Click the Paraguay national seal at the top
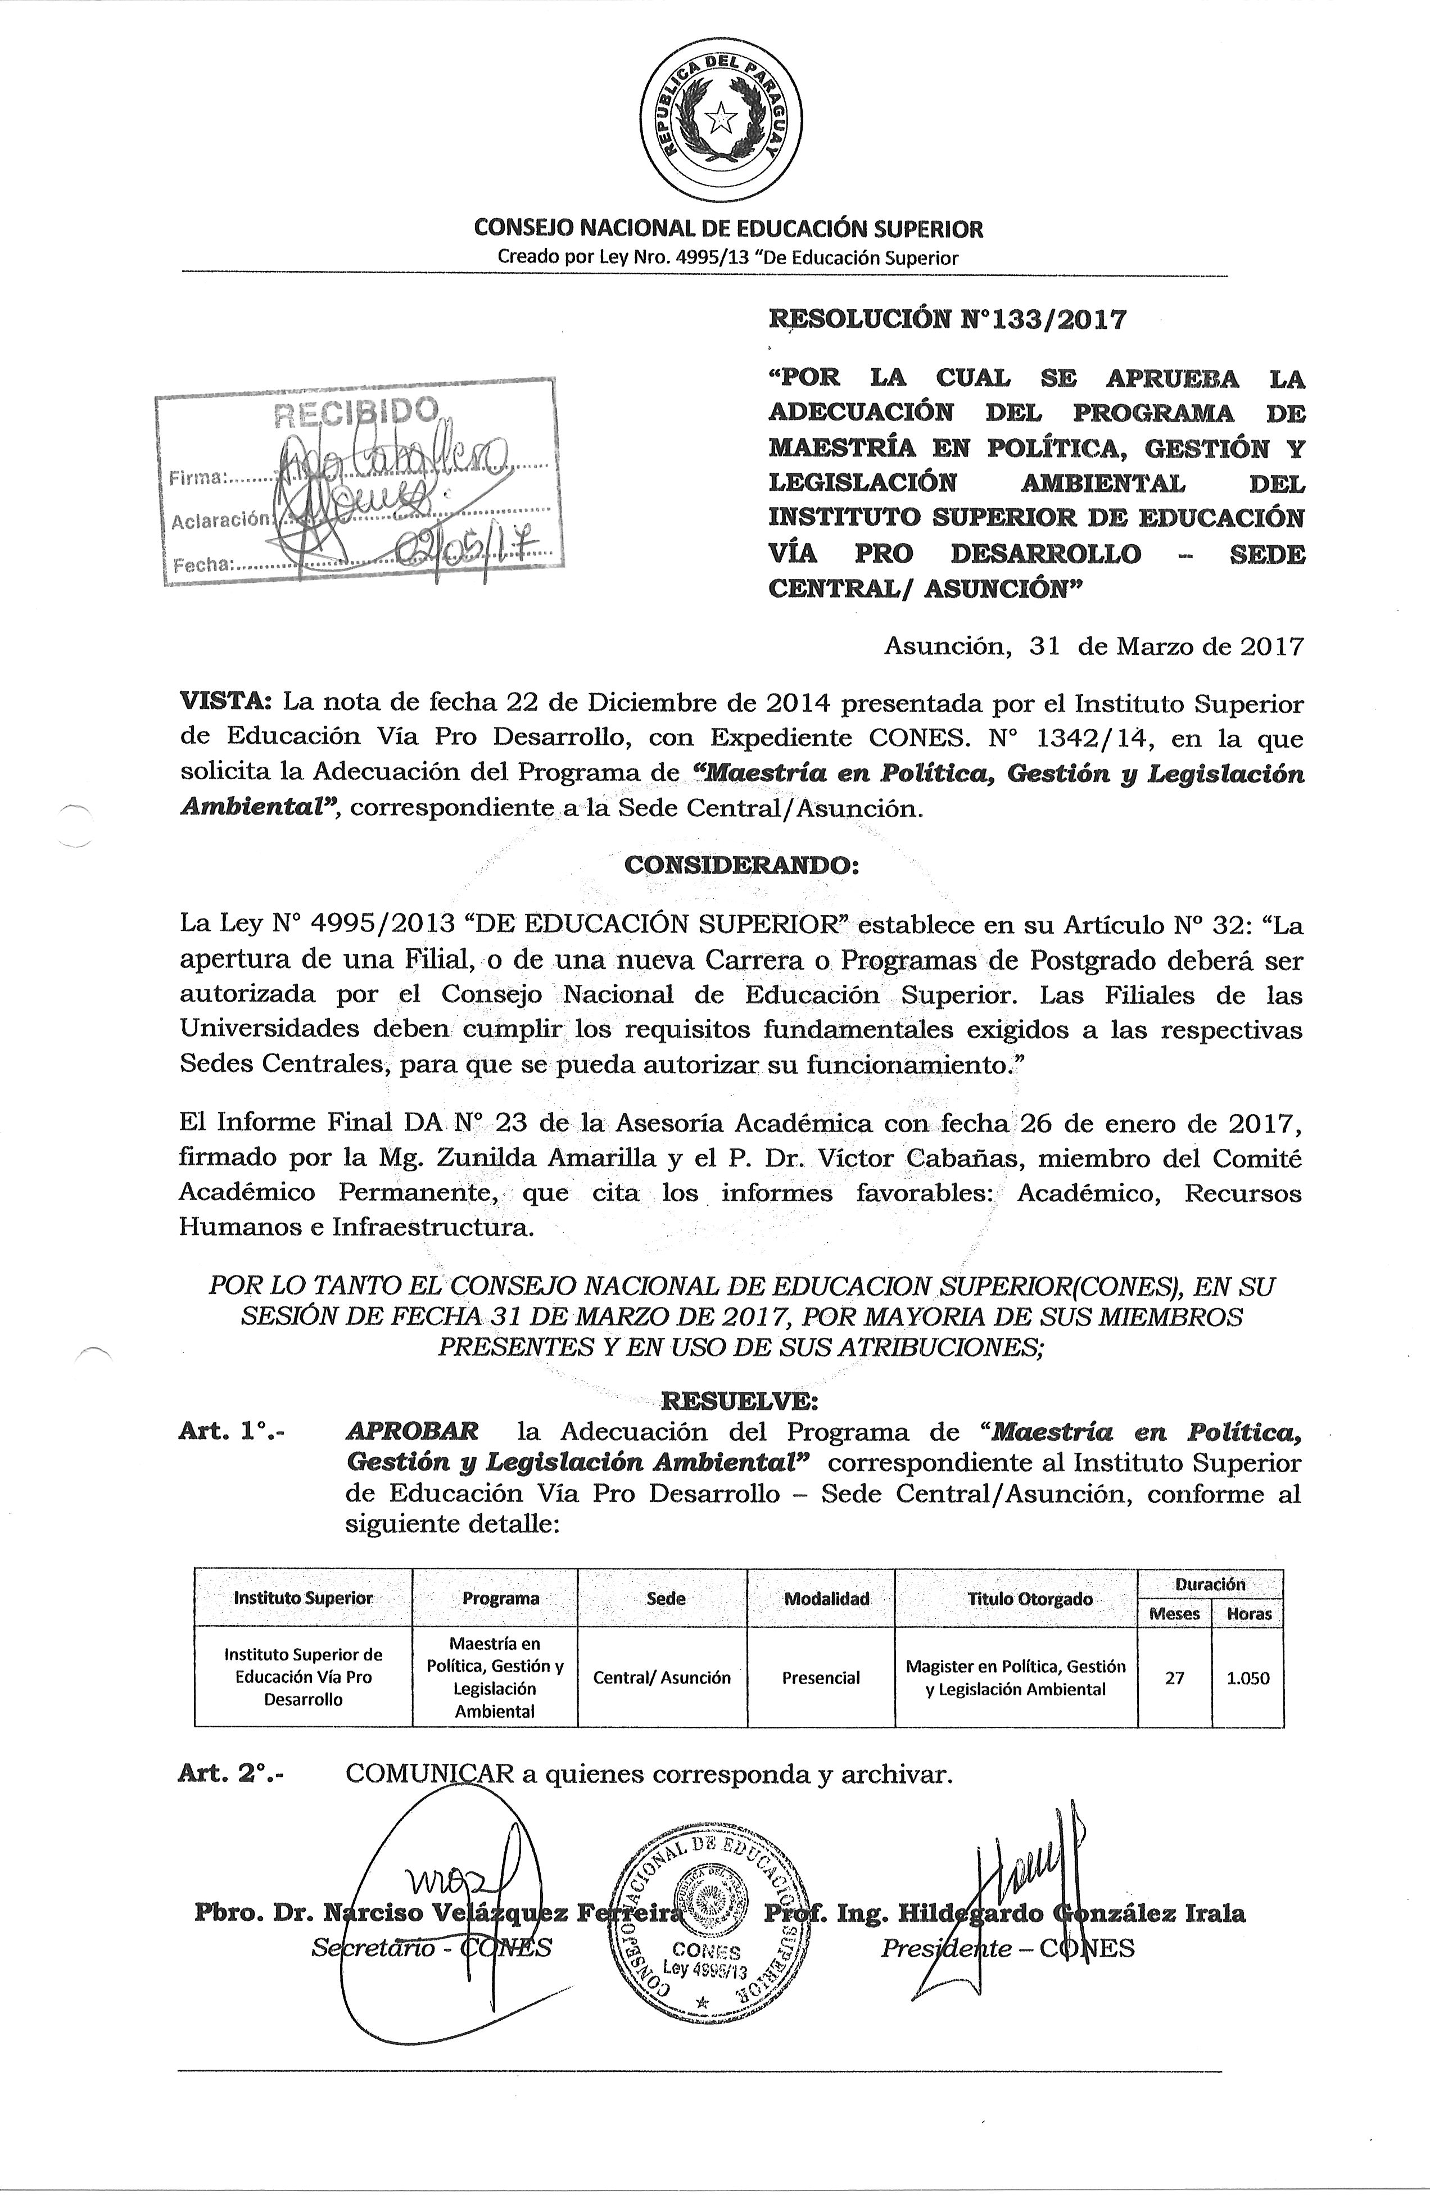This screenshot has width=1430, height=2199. point(722,117)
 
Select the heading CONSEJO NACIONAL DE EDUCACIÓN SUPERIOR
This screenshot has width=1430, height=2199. point(728,228)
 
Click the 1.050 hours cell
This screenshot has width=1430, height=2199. point(1248,1678)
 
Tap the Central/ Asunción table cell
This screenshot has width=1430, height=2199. point(662,1678)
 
